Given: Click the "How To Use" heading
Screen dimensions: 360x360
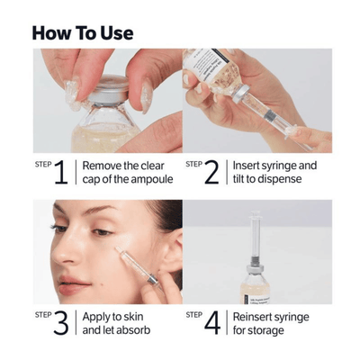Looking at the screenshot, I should [82, 33].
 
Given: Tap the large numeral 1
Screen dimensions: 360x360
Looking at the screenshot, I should [60, 172].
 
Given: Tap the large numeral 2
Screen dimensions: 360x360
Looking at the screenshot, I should [211, 172].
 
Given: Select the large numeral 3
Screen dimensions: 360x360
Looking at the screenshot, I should [60, 323].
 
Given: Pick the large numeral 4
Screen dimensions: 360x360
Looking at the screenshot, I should [211, 323].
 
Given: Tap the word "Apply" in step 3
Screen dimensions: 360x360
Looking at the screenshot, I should [98, 317].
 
